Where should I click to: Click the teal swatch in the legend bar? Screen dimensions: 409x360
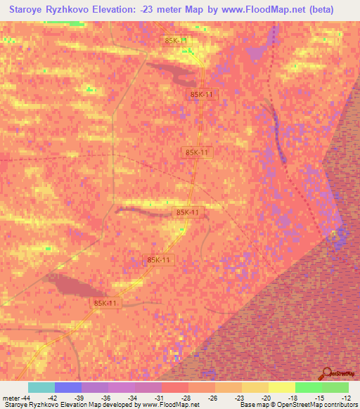click(x=41, y=387)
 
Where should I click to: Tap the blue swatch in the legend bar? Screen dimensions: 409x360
click(x=68, y=387)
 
